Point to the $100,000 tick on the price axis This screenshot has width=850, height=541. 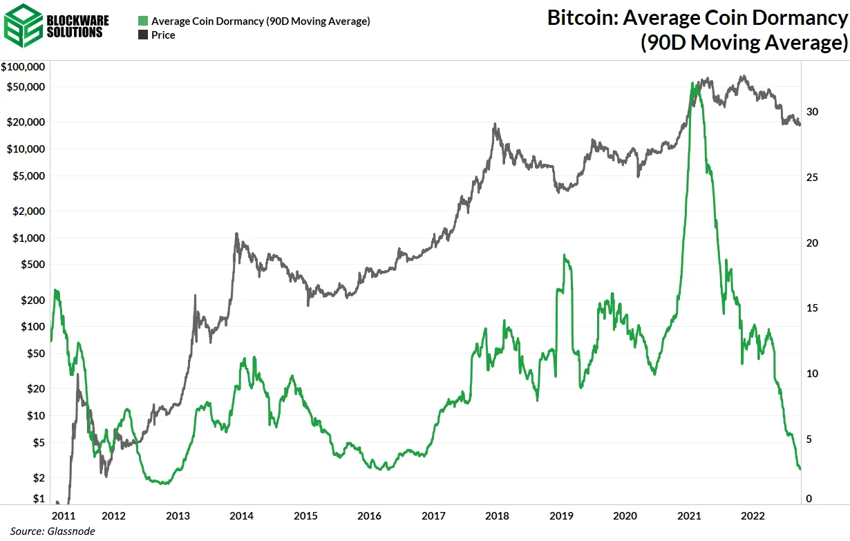point(24,67)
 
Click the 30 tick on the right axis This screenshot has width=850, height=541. point(812,112)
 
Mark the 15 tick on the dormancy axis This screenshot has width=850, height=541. point(812,308)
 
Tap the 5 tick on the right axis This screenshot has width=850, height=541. point(809,439)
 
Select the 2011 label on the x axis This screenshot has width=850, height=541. point(63,516)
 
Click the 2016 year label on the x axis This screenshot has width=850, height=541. point(370,516)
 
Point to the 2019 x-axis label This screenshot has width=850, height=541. point(561,516)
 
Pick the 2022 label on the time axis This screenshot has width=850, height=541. point(753,516)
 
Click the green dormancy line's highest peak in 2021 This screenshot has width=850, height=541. point(693,82)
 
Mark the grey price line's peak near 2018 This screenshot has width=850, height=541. point(495,124)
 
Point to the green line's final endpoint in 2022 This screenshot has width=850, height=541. point(800,470)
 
